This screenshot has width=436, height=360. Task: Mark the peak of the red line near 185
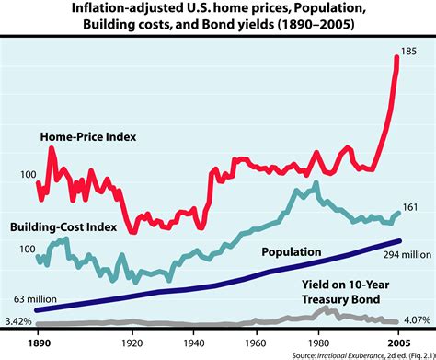[396, 56]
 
